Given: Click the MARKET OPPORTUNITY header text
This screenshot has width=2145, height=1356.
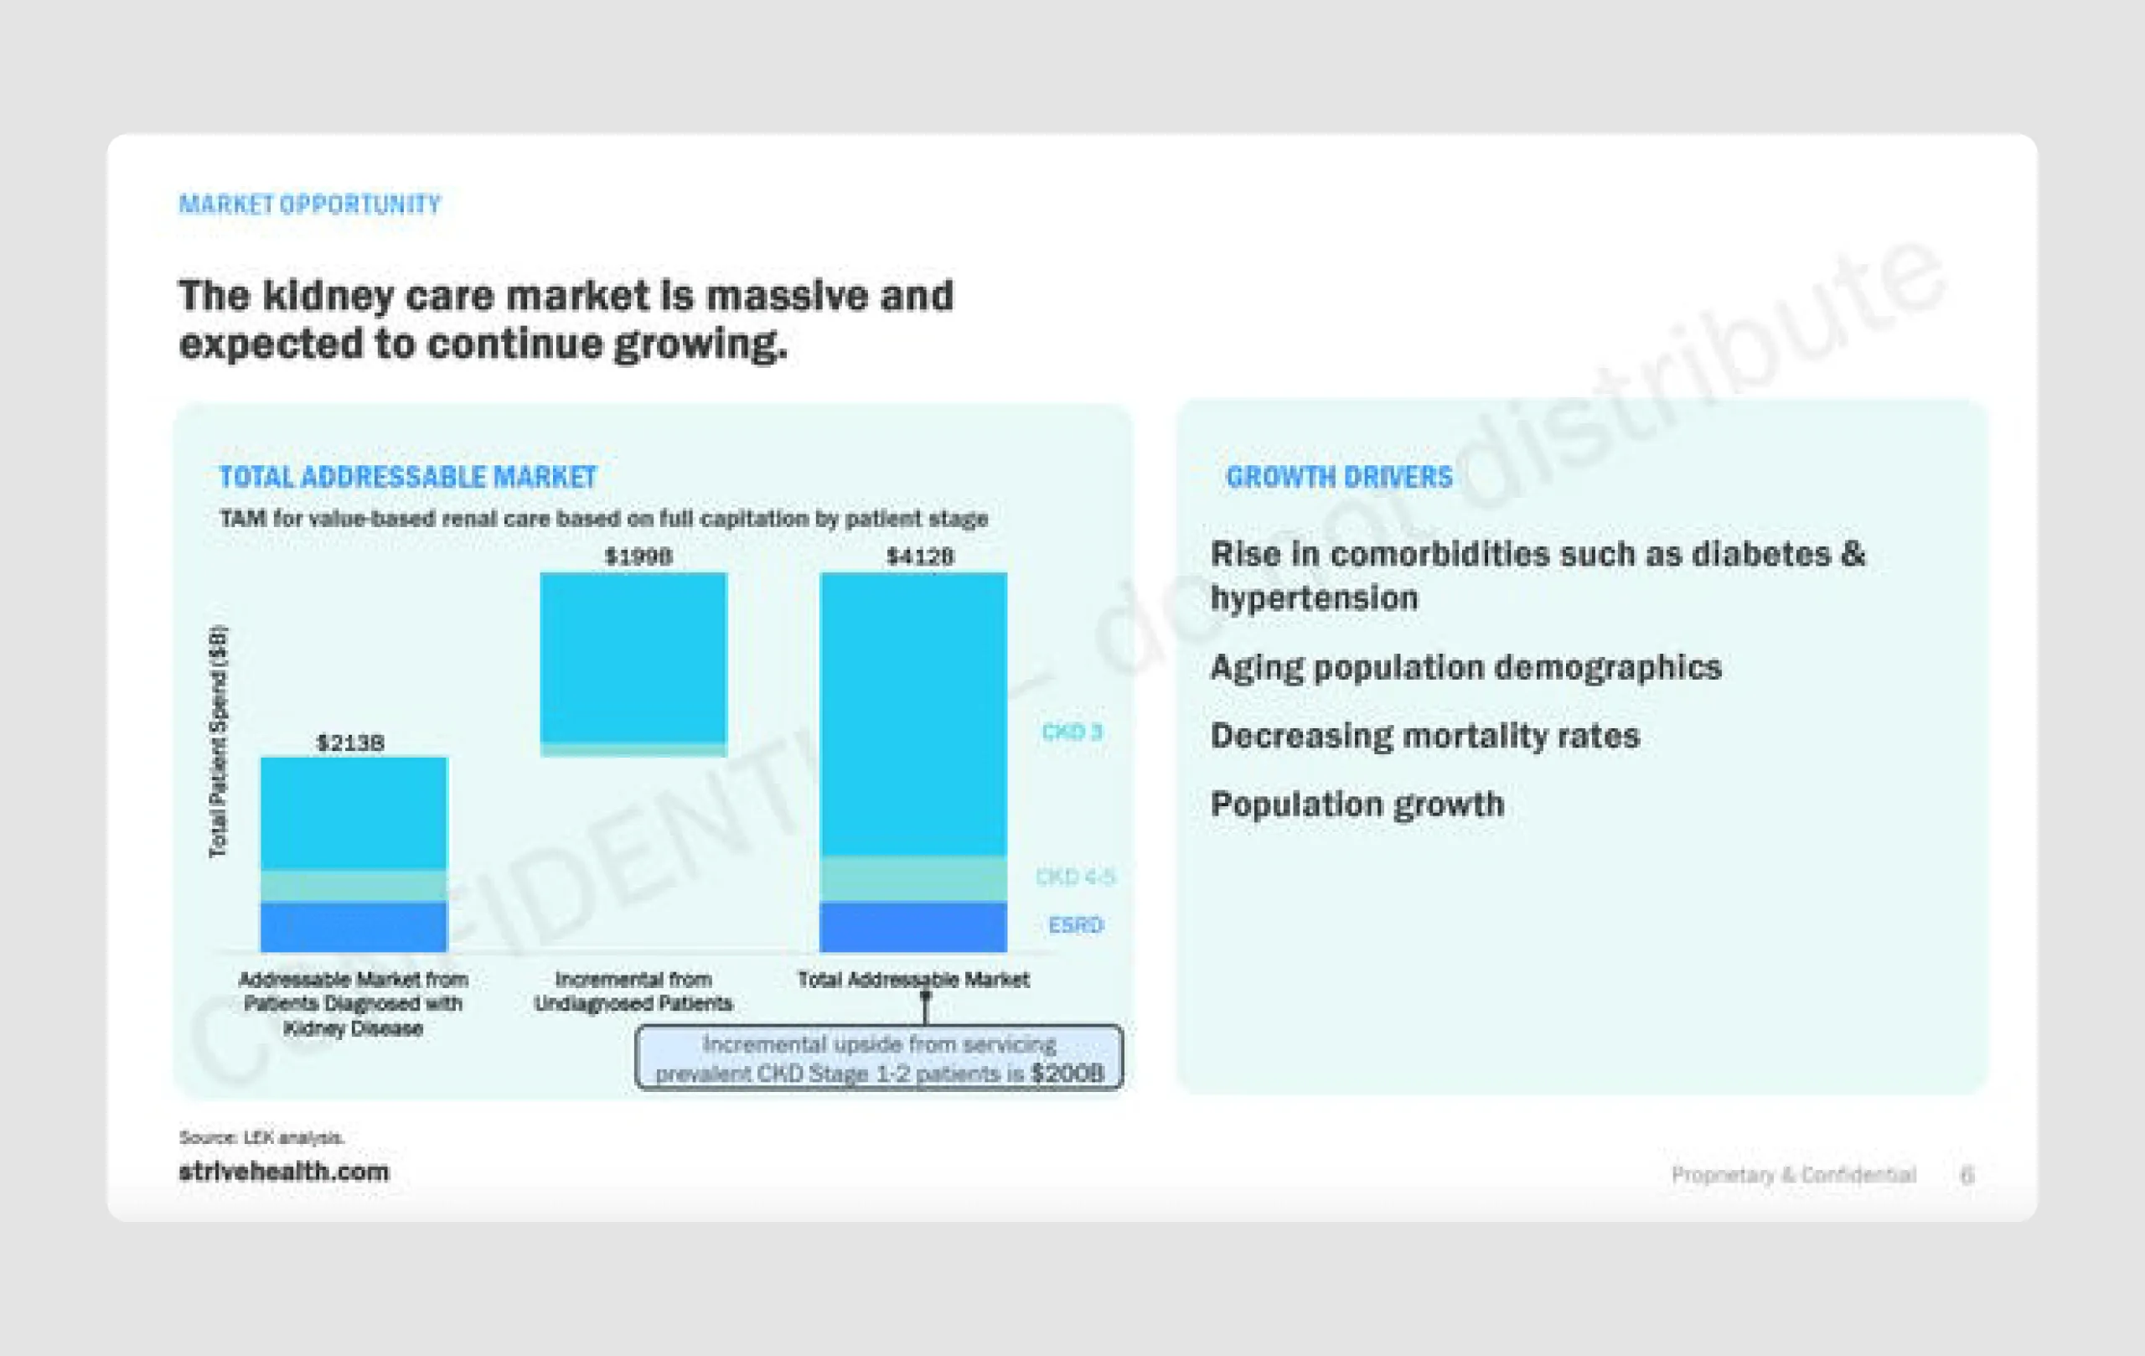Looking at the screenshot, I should (x=309, y=205).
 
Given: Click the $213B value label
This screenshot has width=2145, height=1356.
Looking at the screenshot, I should (x=350, y=743).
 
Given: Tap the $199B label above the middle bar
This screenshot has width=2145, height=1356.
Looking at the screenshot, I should (x=638, y=556).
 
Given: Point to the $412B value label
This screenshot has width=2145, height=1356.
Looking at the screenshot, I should (x=919, y=556).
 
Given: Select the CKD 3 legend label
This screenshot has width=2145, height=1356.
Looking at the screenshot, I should (x=1072, y=732).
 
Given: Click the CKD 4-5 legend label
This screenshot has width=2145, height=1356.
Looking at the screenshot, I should (x=1074, y=877).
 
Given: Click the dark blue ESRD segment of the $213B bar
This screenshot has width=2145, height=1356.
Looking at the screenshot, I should (x=354, y=927).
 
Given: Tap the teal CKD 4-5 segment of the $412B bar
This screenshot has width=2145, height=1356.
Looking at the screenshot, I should (x=913, y=878).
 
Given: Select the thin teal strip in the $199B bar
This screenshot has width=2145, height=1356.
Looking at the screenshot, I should (x=633, y=749).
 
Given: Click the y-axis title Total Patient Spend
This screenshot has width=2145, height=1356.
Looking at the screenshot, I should (x=218, y=741).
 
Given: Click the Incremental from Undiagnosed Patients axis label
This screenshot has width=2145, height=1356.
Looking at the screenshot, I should (x=633, y=991).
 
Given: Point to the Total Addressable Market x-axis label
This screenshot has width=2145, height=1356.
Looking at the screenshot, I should (x=913, y=979).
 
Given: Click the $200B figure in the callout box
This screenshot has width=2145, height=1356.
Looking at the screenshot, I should (x=1067, y=1074).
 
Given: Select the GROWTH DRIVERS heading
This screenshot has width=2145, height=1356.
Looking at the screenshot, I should (x=1339, y=478).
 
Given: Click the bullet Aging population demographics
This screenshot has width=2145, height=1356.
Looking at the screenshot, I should (x=1465, y=667).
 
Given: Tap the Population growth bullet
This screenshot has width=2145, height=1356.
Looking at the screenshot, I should (x=1357, y=805).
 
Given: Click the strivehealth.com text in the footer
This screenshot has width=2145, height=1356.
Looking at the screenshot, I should (x=283, y=1172).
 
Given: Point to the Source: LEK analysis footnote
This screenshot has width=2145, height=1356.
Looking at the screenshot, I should (x=261, y=1138).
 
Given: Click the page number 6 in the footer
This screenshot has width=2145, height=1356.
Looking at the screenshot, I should (x=1967, y=1175).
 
